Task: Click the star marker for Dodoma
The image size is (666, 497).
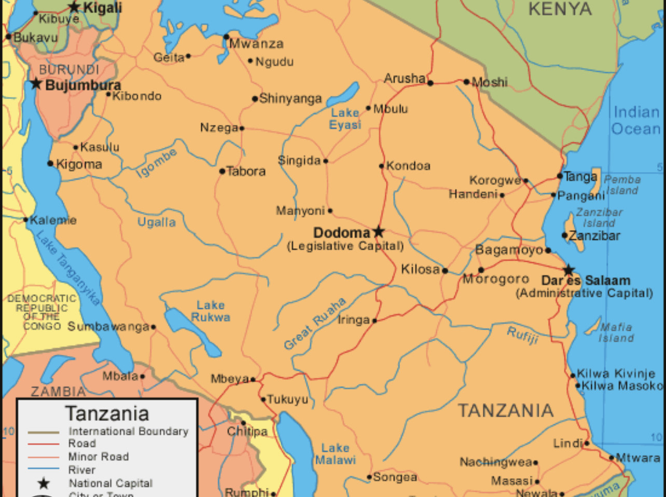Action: point(379,231)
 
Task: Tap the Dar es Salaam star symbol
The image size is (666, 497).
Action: point(569,270)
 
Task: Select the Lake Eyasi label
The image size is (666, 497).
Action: point(345,119)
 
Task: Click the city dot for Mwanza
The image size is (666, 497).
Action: point(226,37)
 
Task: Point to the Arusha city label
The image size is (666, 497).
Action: point(405,78)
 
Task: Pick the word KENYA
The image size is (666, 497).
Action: point(560,9)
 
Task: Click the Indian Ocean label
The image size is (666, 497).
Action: point(636,120)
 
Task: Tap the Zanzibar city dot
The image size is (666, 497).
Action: point(565,235)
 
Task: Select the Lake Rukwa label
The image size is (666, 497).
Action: point(211,311)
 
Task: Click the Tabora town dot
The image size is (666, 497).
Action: point(223,171)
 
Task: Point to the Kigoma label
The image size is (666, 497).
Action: point(79,164)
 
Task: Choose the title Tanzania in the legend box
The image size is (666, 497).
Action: point(107,414)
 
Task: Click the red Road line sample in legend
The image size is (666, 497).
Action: point(44,444)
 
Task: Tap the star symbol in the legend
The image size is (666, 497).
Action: point(44,484)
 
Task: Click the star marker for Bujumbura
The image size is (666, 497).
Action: point(36,83)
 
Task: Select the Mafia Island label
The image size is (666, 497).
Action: point(616,332)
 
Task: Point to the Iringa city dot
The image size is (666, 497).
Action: point(374,320)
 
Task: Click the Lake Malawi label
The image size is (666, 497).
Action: point(336,453)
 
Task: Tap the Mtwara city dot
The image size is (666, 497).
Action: point(612,458)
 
